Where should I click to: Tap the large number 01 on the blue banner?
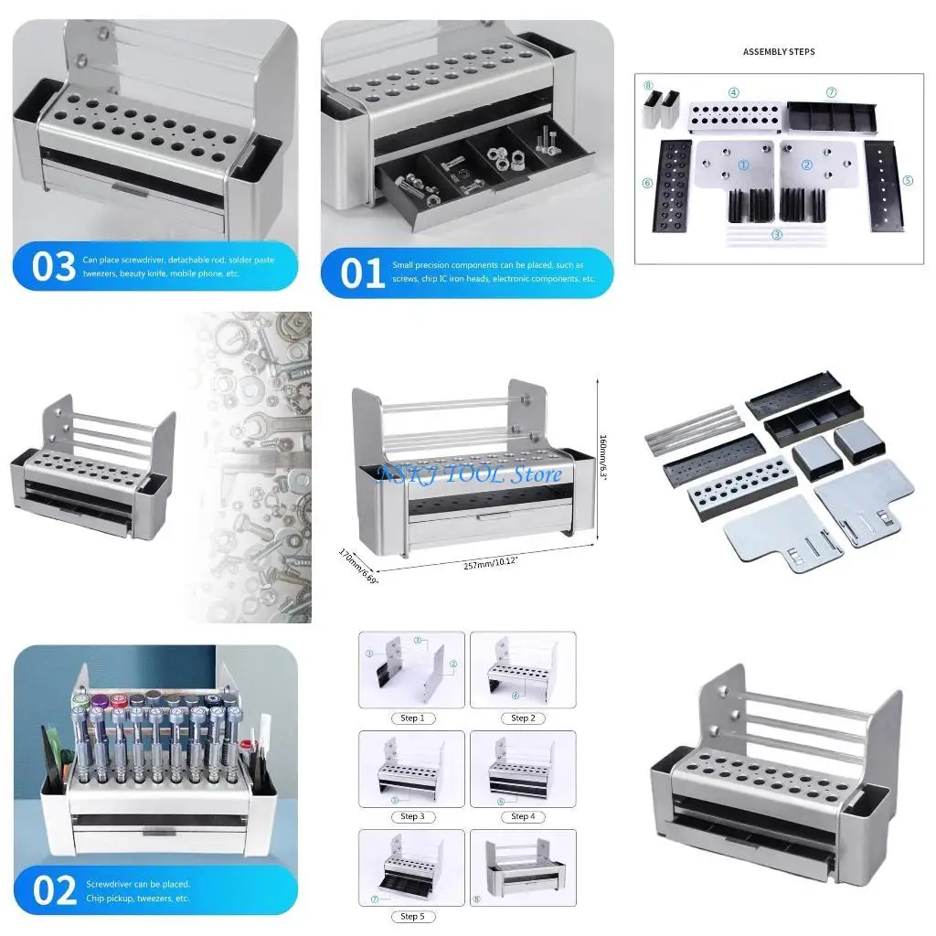(363, 271)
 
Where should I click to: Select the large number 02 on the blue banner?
(54, 890)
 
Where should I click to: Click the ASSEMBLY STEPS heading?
(779, 52)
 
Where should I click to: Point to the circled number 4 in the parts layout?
(734, 92)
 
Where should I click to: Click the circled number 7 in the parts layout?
(831, 92)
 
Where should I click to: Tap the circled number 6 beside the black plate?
(647, 182)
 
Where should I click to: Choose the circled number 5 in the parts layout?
(908, 180)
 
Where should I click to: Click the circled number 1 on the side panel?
(743, 165)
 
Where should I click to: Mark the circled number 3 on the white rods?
(777, 234)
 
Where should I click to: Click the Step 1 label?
(412, 718)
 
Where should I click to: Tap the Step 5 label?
(412, 915)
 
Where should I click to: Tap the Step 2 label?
(522, 718)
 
